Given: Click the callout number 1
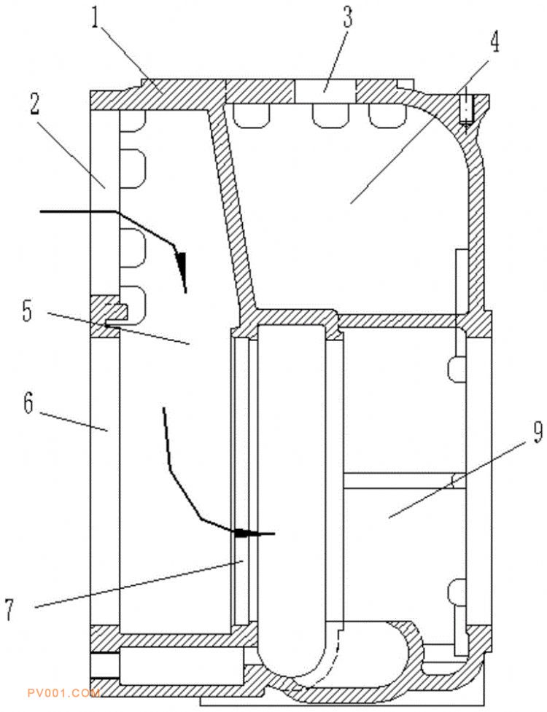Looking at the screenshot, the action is pos(96,17).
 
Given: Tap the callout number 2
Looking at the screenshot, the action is pos(34,105).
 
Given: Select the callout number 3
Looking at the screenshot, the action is pos(348,17).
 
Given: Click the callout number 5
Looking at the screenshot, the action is pos(28,311).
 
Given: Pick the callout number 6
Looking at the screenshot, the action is pos(28,403).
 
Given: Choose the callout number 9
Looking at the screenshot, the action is pos(537,432).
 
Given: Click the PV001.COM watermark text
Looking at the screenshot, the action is pos(63,693).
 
